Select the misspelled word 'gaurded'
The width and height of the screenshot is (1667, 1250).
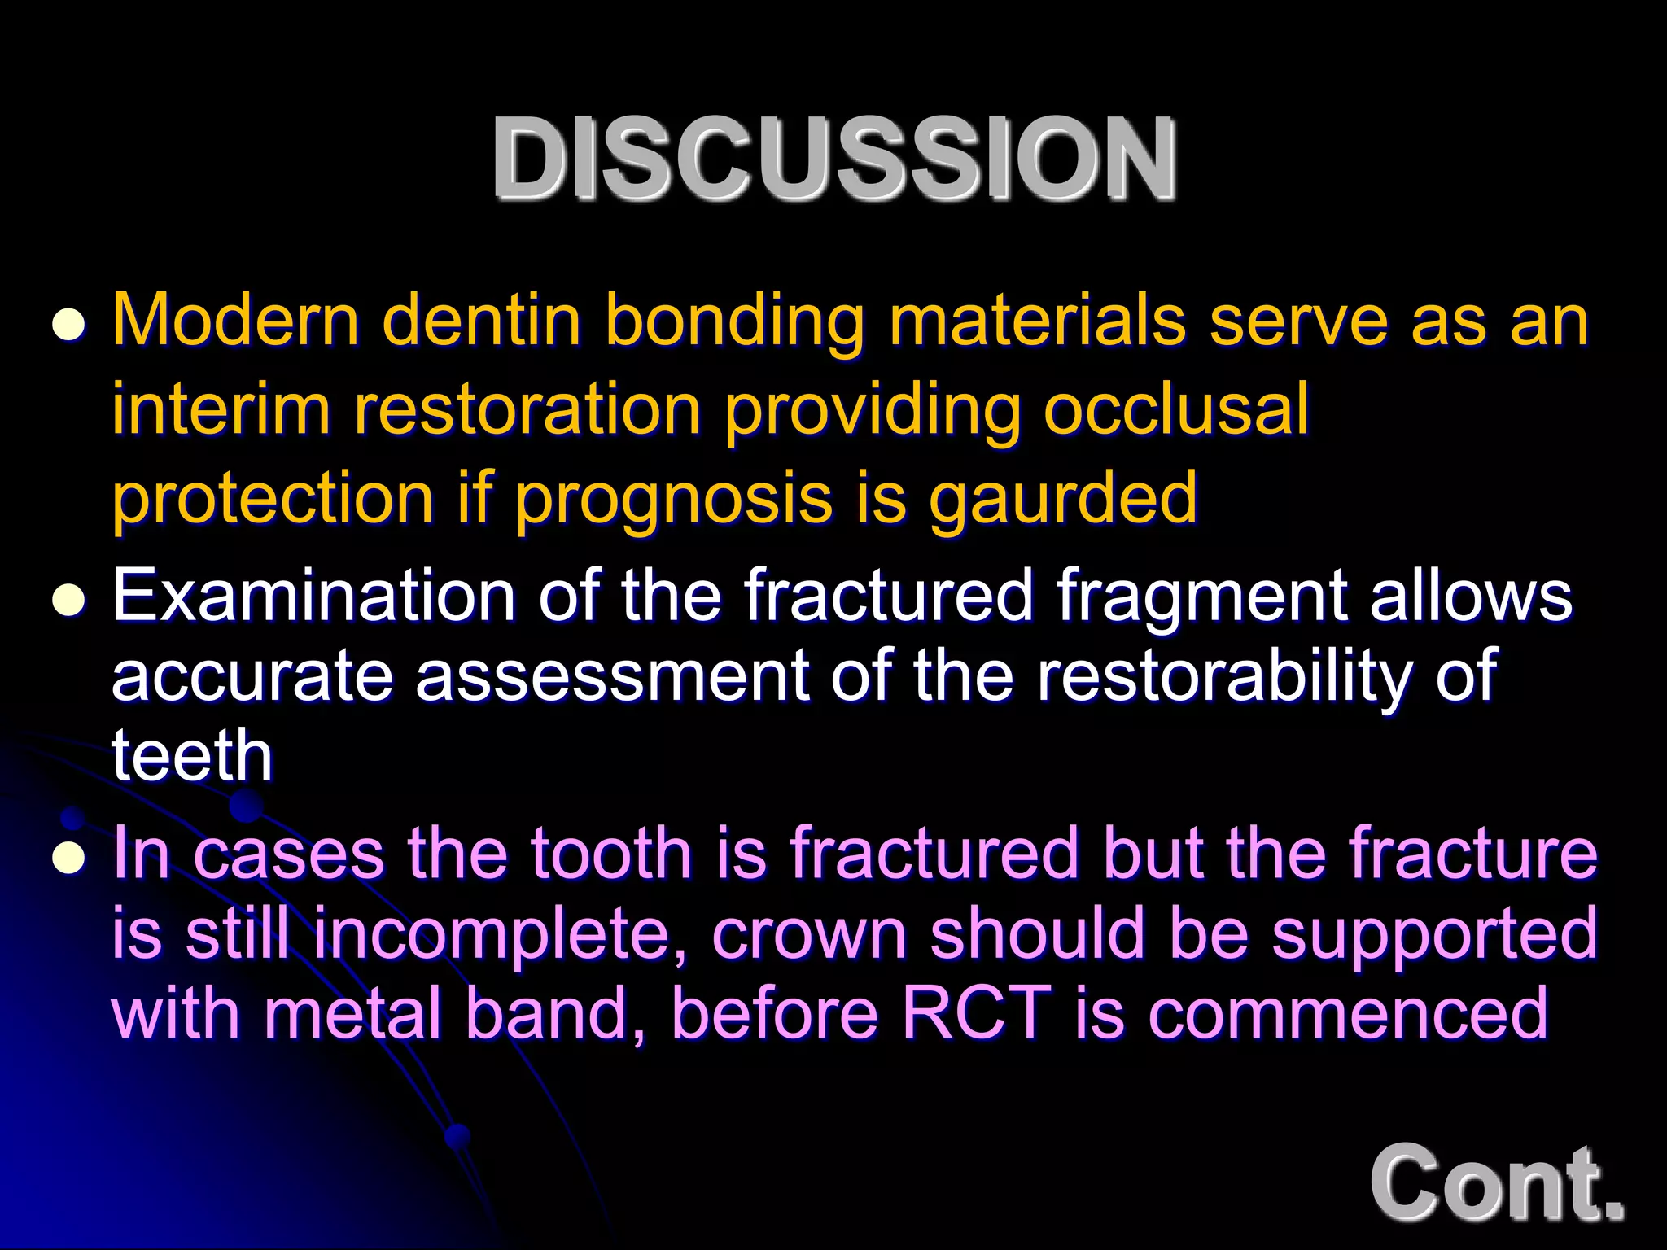1063,497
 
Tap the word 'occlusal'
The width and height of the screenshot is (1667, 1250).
1176,409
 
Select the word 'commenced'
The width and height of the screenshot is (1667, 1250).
1347,1013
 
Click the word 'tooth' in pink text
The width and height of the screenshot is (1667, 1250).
610,853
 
